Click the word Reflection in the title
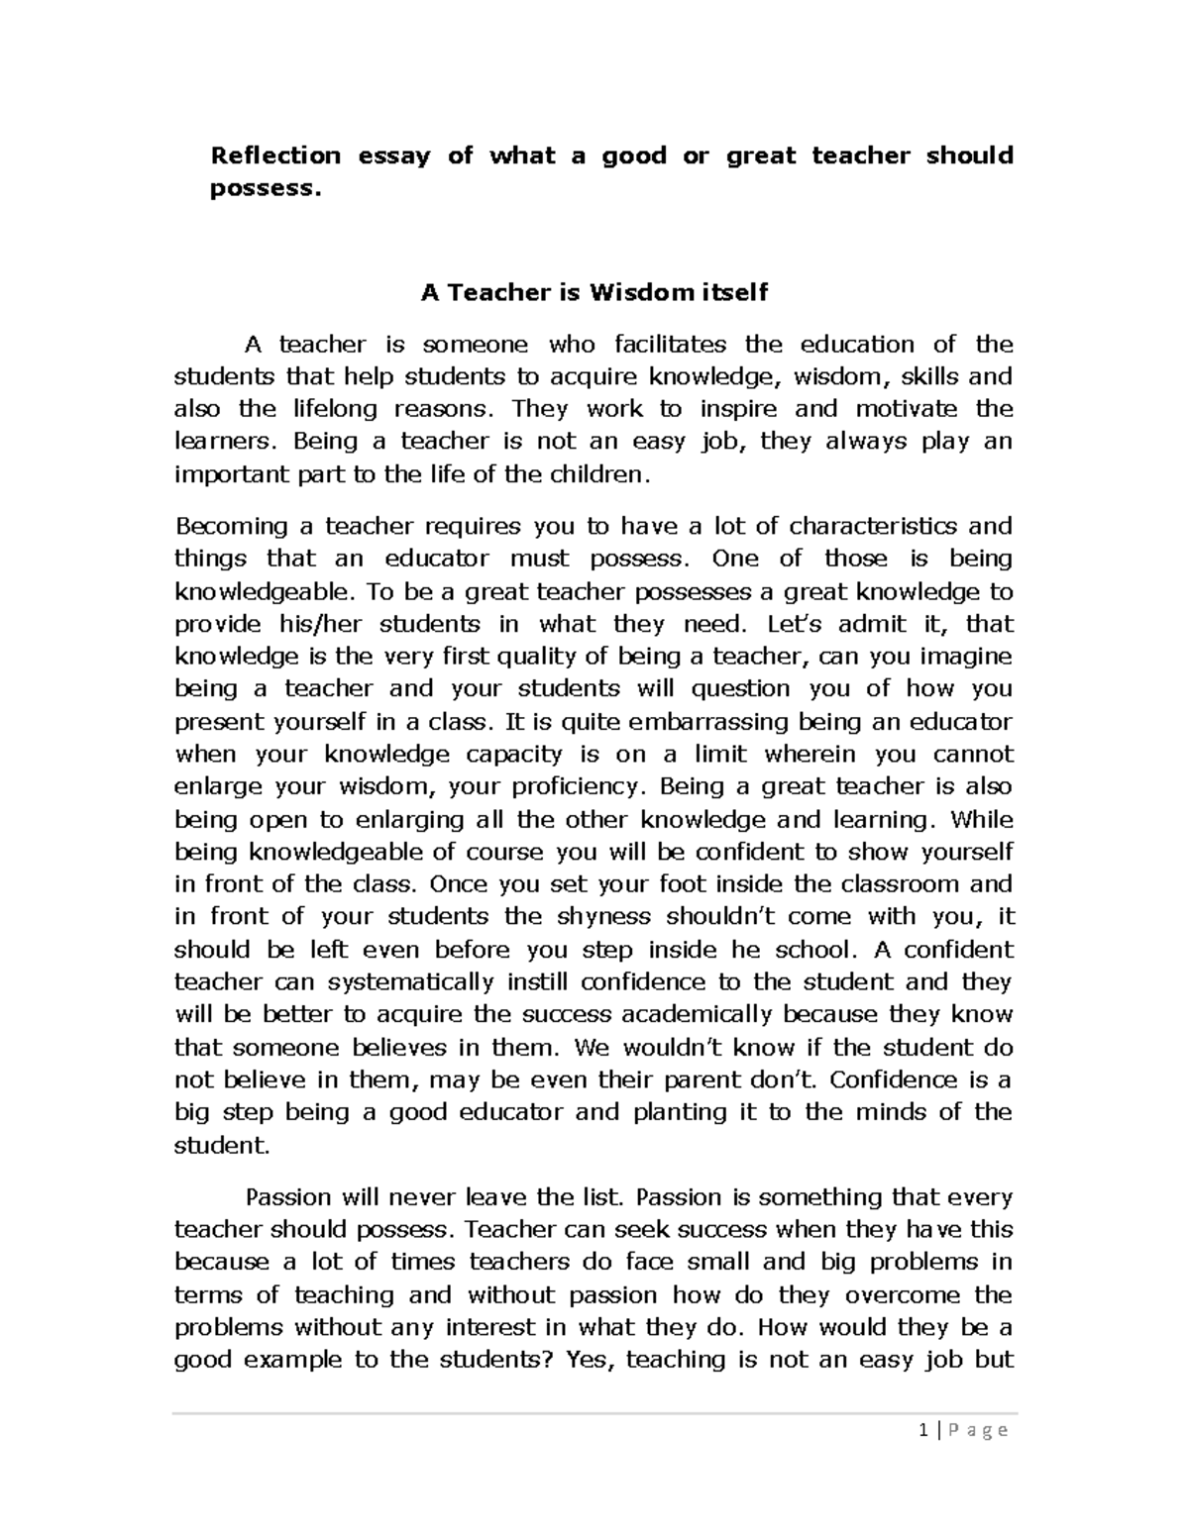coord(274,155)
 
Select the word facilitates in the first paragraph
coord(670,345)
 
